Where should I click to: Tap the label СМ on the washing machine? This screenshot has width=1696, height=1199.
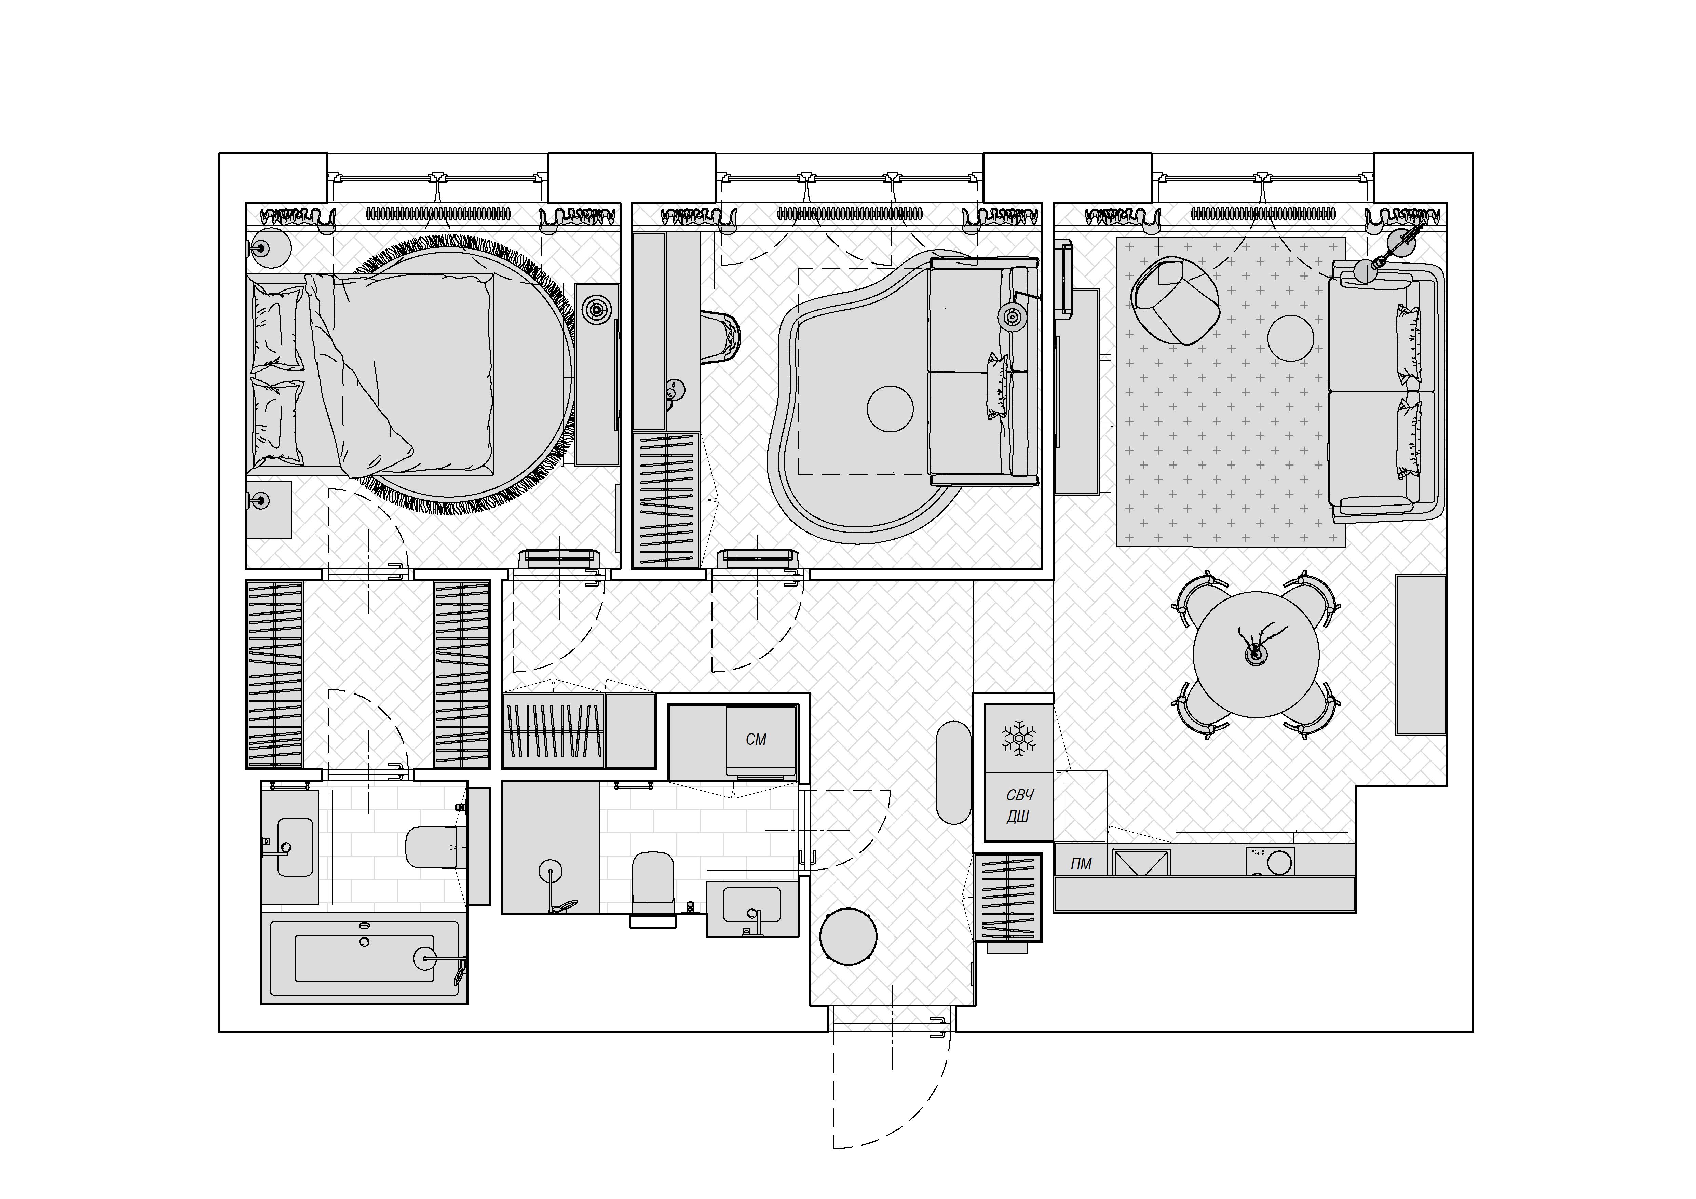tap(756, 739)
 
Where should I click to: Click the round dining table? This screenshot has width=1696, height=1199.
tap(1256, 654)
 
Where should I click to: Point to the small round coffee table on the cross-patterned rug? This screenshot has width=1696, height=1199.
tap(1290, 338)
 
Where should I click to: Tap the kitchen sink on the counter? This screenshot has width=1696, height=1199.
tap(1141, 862)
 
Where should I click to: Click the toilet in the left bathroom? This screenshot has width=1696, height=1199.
tap(436, 847)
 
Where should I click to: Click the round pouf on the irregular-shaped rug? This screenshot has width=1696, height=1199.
tap(890, 408)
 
